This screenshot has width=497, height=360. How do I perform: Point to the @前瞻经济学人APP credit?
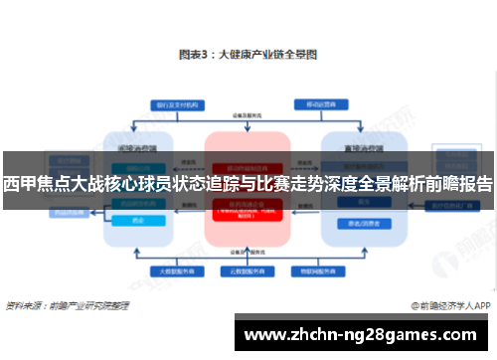click(x=452, y=305)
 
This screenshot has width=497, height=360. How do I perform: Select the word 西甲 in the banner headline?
click(x=17, y=184)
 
